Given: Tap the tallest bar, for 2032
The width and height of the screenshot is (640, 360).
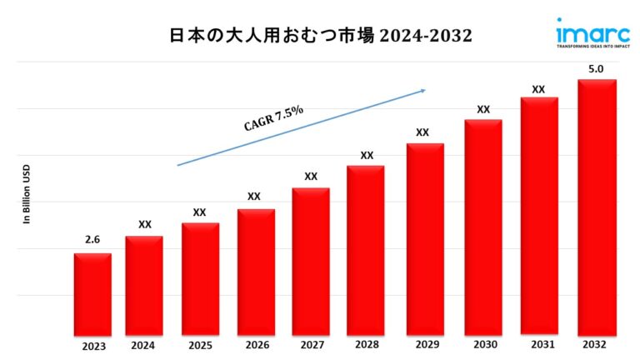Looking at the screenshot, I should click(x=597, y=208).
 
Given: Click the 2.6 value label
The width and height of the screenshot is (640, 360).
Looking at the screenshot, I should click(x=92, y=240).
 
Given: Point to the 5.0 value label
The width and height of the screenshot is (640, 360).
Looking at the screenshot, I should click(x=597, y=69).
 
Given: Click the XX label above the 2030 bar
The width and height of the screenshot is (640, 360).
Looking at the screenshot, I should click(x=483, y=109).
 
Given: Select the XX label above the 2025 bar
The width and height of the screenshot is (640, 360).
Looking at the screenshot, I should click(x=199, y=212).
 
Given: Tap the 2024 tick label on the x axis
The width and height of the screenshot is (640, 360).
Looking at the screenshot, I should click(x=144, y=344).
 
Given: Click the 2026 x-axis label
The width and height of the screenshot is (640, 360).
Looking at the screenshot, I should click(x=256, y=344).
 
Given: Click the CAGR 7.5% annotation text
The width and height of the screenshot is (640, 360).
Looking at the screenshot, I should click(x=273, y=119).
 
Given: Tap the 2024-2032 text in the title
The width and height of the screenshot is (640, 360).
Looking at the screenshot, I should click(x=426, y=35).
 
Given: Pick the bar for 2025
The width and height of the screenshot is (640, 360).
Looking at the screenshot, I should click(x=200, y=278).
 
